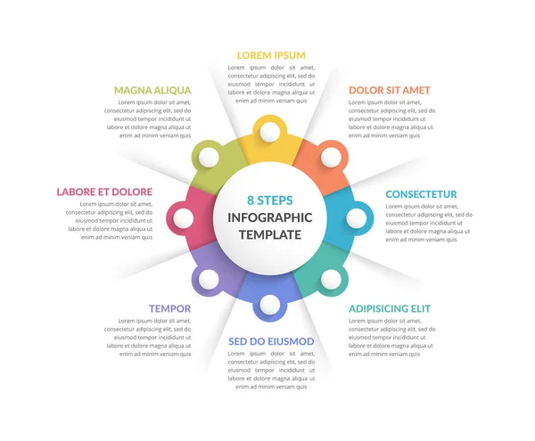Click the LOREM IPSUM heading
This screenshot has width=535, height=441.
[271, 55]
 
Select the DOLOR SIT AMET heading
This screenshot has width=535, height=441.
[389, 90]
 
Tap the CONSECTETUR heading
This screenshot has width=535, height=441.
[421, 194]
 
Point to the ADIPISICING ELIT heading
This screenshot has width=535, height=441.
[389, 308]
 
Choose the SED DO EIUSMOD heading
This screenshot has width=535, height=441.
[271, 341]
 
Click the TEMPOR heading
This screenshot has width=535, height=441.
[169, 308]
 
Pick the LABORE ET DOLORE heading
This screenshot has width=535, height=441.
[104, 192]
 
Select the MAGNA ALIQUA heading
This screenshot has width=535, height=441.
[152, 90]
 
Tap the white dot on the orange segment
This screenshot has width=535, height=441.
[331, 157]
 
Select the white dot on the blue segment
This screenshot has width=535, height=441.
[357, 217]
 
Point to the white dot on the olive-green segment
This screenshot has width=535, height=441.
[209, 157]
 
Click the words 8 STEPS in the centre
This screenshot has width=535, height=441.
[269, 200]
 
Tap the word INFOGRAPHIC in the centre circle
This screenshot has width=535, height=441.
[270, 217]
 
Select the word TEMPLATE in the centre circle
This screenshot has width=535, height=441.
[270, 235]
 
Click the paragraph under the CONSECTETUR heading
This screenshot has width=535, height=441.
[426, 223]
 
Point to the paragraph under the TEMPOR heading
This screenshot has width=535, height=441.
[148, 337]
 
